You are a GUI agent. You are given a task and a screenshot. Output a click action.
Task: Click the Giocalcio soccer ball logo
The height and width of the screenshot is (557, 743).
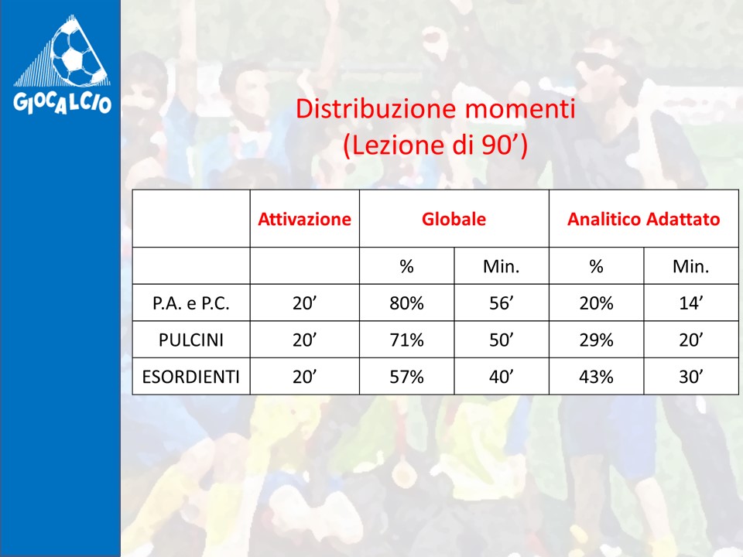coord(62,65)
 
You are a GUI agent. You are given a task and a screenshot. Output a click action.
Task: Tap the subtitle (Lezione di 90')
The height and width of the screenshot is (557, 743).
coord(435,145)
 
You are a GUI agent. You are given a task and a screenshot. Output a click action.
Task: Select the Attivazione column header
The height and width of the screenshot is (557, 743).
coord(305,219)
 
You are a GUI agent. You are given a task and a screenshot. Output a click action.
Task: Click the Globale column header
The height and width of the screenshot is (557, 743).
coord(454,219)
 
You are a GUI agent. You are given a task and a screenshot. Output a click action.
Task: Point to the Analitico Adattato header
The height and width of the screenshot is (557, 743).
coord(643,219)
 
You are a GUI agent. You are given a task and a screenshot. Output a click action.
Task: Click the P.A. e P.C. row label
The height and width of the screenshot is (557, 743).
coord(191,303)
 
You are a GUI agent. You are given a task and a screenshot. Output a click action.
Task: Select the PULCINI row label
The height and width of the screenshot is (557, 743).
coord(191,340)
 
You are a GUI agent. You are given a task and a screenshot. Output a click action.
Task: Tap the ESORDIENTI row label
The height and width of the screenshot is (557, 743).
coord(191,377)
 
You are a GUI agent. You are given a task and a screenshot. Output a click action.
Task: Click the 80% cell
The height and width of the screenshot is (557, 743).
coord(406,303)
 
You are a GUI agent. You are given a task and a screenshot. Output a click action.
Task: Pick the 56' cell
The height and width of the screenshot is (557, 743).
coord(502,303)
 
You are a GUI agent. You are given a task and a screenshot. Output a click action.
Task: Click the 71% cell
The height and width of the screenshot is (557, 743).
coord(406,340)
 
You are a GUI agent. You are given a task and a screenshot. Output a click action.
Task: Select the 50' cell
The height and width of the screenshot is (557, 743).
coord(502,340)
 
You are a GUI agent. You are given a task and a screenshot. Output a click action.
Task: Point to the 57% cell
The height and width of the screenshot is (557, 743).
coord(406,377)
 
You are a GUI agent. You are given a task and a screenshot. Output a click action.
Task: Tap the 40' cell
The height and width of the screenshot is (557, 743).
coord(502,377)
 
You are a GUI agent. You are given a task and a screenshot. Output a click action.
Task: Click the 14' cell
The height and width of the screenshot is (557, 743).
coord(691,303)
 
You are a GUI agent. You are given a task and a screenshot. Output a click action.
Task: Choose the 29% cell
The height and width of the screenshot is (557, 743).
coord(596,340)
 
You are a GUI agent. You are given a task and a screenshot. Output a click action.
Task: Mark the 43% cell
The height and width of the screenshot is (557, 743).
coord(596,377)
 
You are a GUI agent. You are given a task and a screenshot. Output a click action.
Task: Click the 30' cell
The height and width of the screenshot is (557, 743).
coord(691,377)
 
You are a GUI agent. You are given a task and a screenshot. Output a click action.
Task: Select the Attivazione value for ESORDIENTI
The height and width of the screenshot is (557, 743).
coord(305,377)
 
